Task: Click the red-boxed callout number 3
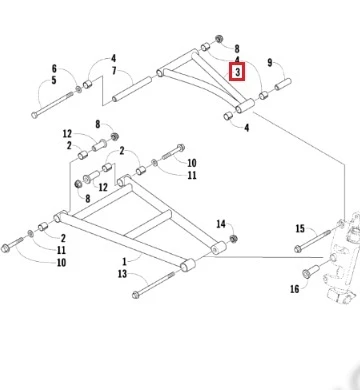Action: tap(237, 72)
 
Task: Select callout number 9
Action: tap(270, 62)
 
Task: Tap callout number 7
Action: tap(114, 71)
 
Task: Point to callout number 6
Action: tap(54, 69)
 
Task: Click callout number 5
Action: tap(54, 80)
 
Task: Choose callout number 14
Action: tap(221, 224)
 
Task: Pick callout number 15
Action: tap(300, 228)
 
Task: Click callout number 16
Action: tap(295, 289)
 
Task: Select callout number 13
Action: tap(123, 274)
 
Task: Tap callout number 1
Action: tap(124, 261)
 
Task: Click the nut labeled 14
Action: tap(233, 239)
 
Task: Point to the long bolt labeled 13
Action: tap(153, 284)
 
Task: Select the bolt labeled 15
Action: tap(313, 240)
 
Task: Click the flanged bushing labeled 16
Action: tap(308, 273)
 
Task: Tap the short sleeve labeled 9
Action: tap(283, 84)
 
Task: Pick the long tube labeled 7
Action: tap(132, 89)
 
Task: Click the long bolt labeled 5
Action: tap(52, 105)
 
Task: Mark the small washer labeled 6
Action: tap(79, 89)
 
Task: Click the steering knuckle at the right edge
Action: tap(342, 258)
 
